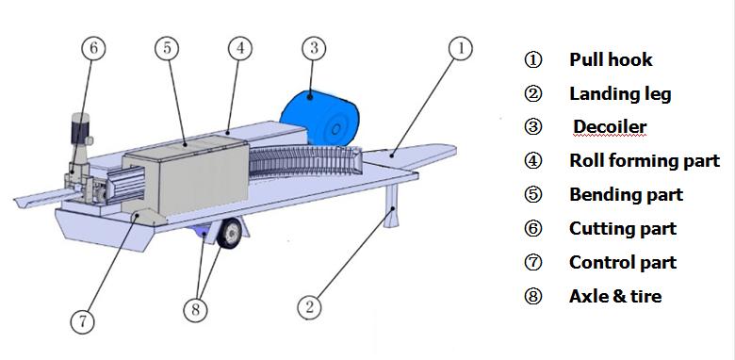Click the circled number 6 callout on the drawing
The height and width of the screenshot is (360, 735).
click(x=93, y=48)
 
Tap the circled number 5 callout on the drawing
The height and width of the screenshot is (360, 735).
click(x=167, y=48)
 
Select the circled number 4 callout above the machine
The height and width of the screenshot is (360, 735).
click(x=240, y=48)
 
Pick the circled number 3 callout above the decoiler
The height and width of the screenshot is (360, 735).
click(x=314, y=48)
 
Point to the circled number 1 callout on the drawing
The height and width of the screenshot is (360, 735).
click(x=460, y=48)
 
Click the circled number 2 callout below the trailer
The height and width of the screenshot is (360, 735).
click(x=310, y=307)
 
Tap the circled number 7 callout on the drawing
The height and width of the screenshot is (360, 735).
click(x=83, y=322)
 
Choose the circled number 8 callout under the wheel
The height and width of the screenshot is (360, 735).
click(x=195, y=310)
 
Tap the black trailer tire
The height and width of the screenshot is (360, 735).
click(x=230, y=233)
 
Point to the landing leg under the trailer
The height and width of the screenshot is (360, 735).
click(x=391, y=205)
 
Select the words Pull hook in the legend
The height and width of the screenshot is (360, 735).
click(x=611, y=60)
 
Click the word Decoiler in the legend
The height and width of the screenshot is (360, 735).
click(x=610, y=126)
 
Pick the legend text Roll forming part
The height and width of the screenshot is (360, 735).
click(x=645, y=161)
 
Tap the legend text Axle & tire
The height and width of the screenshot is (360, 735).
click(x=615, y=296)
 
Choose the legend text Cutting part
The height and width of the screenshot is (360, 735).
click(x=623, y=229)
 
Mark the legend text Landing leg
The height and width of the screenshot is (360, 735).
click(x=620, y=94)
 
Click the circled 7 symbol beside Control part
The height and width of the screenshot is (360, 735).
click(x=533, y=263)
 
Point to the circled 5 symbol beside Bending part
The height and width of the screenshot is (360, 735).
click(x=533, y=194)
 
